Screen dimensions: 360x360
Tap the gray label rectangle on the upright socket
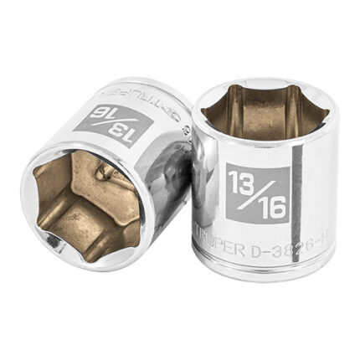258,193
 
